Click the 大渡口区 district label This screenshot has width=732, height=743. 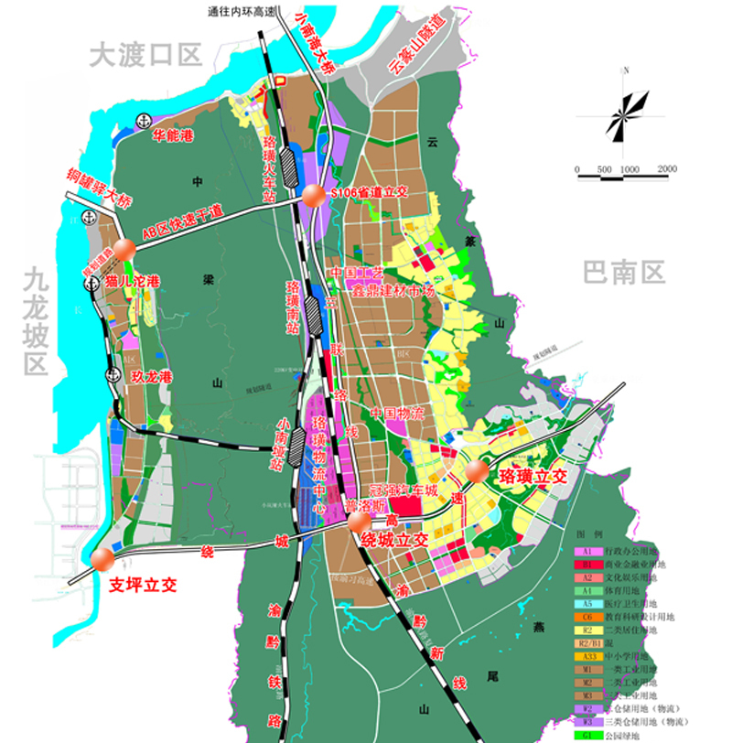click(145, 56)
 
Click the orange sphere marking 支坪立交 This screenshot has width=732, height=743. click(102, 557)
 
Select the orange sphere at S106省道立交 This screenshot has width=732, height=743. click(313, 194)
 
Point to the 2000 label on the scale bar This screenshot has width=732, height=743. click(666, 169)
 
